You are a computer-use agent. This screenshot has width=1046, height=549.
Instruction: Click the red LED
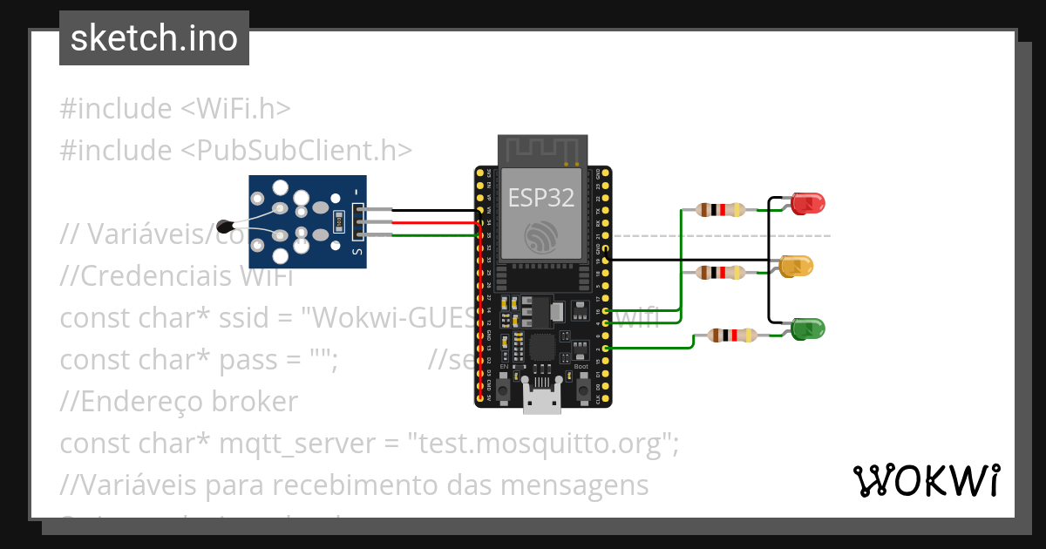807,204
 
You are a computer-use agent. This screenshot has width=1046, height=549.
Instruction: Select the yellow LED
795,266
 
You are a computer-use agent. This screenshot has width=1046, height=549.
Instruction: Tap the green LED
807,329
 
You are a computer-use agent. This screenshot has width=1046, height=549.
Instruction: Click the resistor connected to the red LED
720,209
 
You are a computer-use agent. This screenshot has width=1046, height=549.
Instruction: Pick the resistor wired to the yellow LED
720,273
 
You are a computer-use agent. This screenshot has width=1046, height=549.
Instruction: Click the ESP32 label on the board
540,197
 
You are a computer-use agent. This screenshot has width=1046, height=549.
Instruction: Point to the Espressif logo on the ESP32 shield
541,236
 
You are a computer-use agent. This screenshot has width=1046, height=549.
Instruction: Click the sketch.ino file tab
153,38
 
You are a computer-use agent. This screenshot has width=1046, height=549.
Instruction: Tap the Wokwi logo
925,480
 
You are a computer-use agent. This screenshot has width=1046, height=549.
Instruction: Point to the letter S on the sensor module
356,252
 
